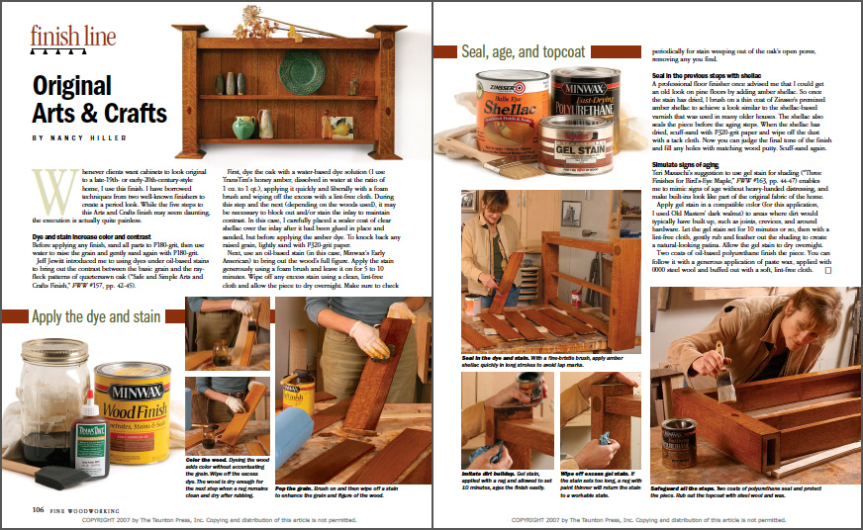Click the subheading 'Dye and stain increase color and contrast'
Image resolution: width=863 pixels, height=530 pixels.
105,237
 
